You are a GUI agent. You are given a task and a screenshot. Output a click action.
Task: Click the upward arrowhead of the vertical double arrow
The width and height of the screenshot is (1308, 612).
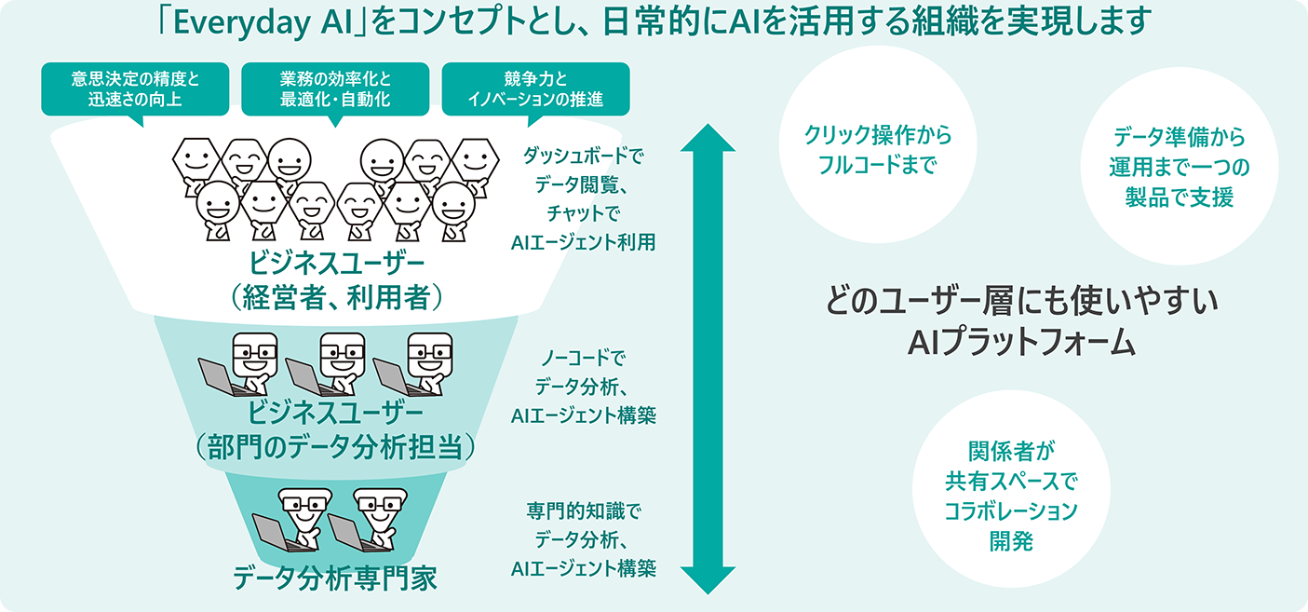coord(708,140)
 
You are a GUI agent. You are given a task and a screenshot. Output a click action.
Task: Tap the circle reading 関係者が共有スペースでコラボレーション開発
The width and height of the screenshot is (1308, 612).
coord(1011,494)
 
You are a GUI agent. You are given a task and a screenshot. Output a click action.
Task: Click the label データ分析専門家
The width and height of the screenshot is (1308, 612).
coord(334,578)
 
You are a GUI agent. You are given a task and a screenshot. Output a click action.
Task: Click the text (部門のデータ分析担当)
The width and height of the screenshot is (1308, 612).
coord(334,446)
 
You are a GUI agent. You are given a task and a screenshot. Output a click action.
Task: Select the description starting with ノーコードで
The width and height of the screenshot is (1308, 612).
coord(583,386)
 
